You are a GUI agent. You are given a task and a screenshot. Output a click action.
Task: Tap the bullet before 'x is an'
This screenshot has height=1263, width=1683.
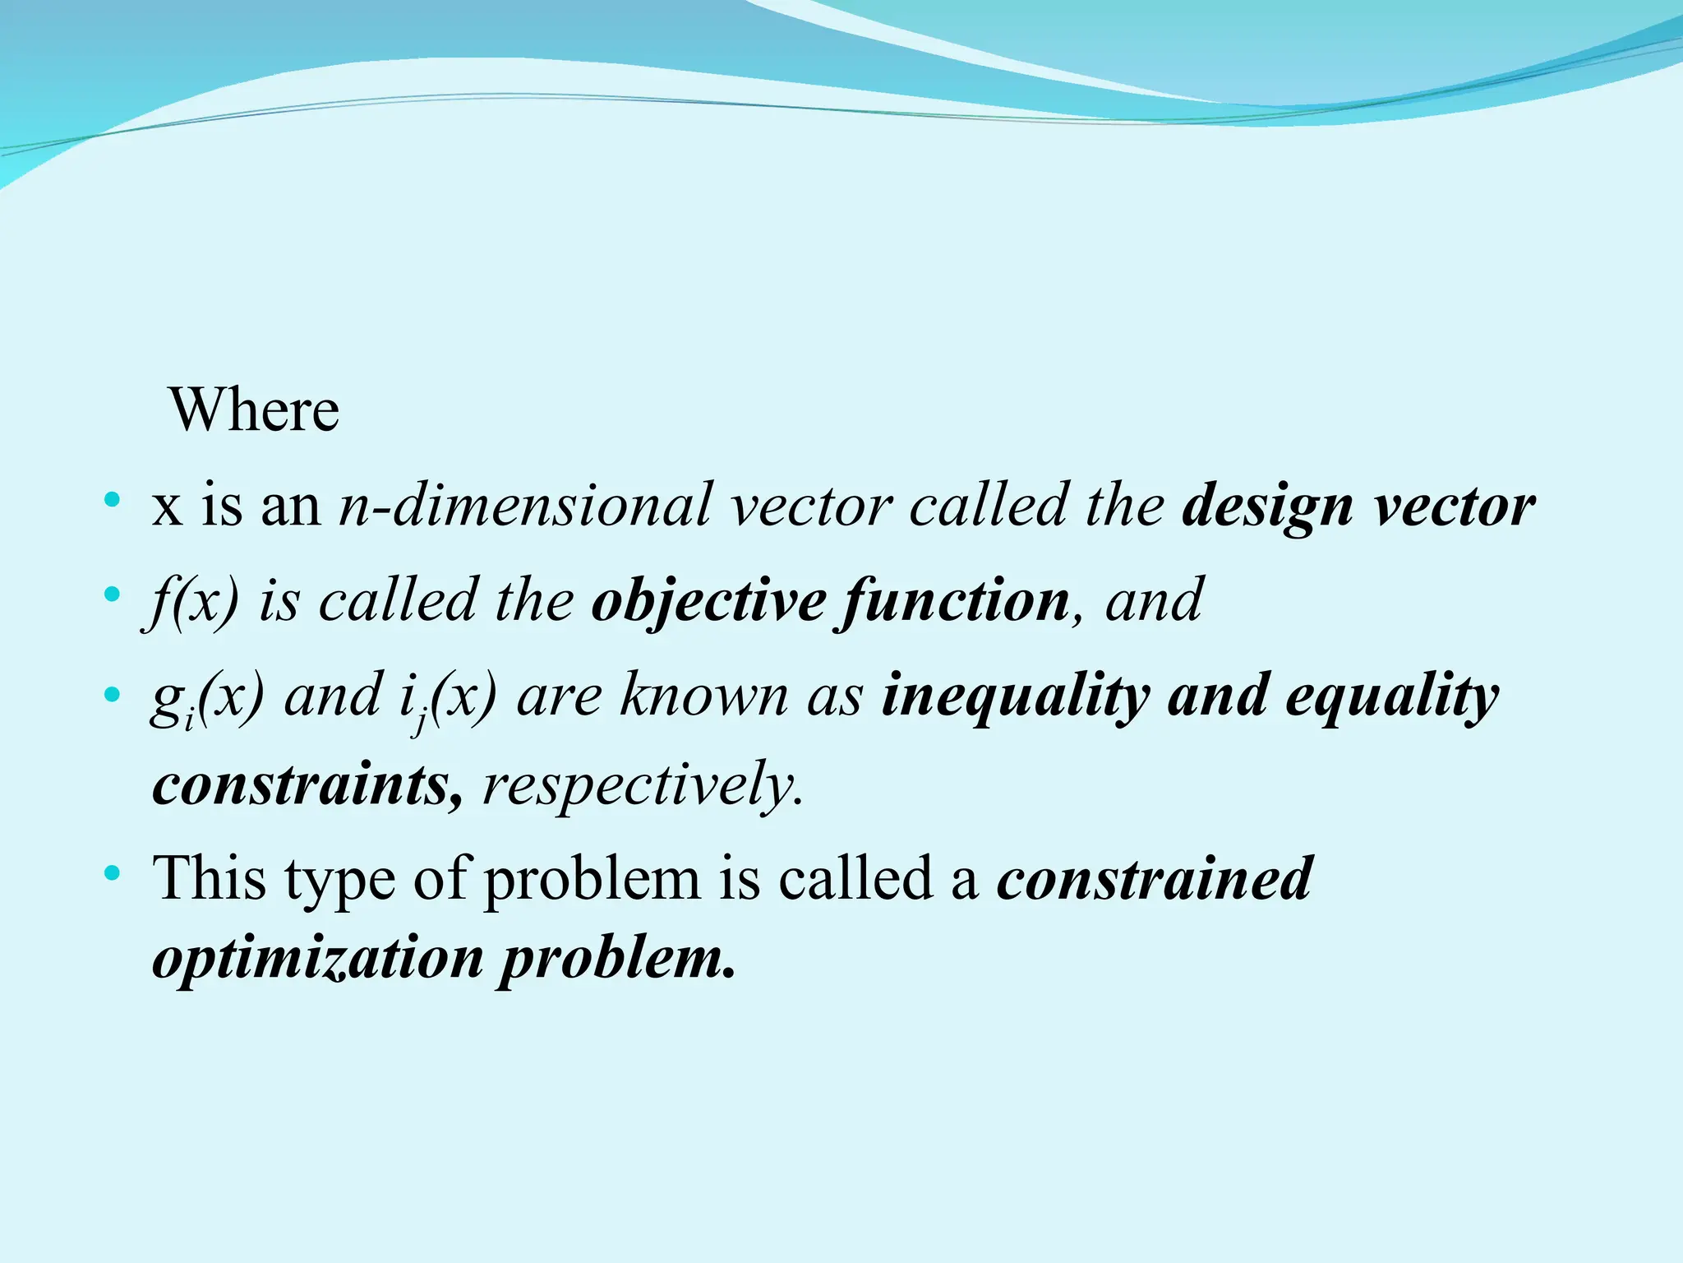pyautogui.click(x=113, y=499)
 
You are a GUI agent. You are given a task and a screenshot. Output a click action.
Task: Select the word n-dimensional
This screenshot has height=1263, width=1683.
pyautogui.click(x=526, y=504)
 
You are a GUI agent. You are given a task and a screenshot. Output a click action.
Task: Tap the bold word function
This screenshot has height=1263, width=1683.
pyautogui.click(x=953, y=601)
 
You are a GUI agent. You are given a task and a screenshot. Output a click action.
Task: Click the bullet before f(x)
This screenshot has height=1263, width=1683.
pyautogui.click(x=113, y=593)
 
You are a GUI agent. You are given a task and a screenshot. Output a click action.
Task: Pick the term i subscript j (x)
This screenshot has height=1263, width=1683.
pyautogui.click(x=448, y=697)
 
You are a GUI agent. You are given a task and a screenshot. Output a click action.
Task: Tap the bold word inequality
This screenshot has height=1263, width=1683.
pyautogui.click(x=1015, y=696)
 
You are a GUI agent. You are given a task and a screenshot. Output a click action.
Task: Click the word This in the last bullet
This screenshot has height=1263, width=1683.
pyautogui.click(x=210, y=878)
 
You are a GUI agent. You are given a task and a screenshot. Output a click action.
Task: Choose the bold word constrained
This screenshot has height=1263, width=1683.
pyautogui.click(x=1155, y=878)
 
